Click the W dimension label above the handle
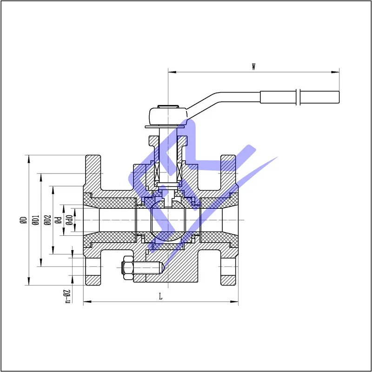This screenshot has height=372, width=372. (x=253, y=66)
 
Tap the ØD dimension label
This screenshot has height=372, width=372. (x=23, y=220)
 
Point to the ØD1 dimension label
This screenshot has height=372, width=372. (x=35, y=220)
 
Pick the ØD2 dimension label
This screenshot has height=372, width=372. (x=47, y=220)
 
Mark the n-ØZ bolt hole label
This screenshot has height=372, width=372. (x=67, y=296)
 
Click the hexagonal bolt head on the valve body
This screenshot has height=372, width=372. (x=126, y=270)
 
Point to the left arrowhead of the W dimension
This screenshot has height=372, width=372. (x=171, y=72)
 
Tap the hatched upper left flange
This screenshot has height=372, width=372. (x=92, y=170)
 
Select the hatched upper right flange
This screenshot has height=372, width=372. (x=228, y=170)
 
